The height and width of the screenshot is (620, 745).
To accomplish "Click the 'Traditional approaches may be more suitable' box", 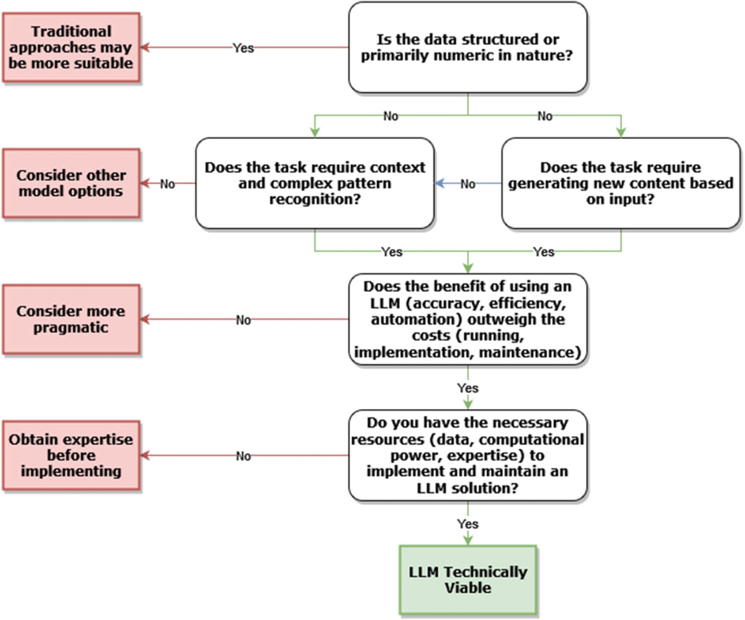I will tap(71, 48).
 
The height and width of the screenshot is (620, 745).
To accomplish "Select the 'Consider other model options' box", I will tap(71, 183).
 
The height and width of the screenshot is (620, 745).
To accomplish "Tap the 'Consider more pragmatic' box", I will tap(71, 319).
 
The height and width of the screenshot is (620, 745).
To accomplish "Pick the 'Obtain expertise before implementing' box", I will tap(71, 455).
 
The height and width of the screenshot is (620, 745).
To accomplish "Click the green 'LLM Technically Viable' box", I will tap(468, 580).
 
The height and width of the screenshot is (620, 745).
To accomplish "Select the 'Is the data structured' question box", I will tap(468, 48).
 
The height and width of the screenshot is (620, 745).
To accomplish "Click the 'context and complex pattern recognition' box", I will tap(315, 183).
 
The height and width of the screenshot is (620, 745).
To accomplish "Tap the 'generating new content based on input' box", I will tap(621, 183).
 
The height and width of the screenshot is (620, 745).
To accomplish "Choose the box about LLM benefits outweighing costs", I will tap(468, 319).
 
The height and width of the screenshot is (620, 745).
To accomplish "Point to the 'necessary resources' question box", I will tap(468, 455).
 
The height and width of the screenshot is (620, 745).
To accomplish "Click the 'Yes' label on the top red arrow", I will tap(243, 48).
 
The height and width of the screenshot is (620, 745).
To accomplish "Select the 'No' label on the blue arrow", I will tap(468, 184).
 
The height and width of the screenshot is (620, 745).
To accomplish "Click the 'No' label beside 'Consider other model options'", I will tap(168, 184).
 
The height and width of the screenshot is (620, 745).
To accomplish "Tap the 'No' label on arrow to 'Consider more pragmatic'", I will tap(243, 320).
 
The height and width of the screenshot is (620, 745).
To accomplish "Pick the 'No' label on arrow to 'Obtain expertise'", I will tap(243, 456).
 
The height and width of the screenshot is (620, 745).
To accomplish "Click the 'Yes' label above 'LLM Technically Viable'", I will tap(468, 524).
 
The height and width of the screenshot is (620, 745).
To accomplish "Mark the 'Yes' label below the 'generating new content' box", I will tap(544, 252).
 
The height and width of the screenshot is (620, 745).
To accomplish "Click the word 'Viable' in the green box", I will tap(468, 588).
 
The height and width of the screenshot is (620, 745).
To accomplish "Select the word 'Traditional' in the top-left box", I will tap(71, 31).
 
